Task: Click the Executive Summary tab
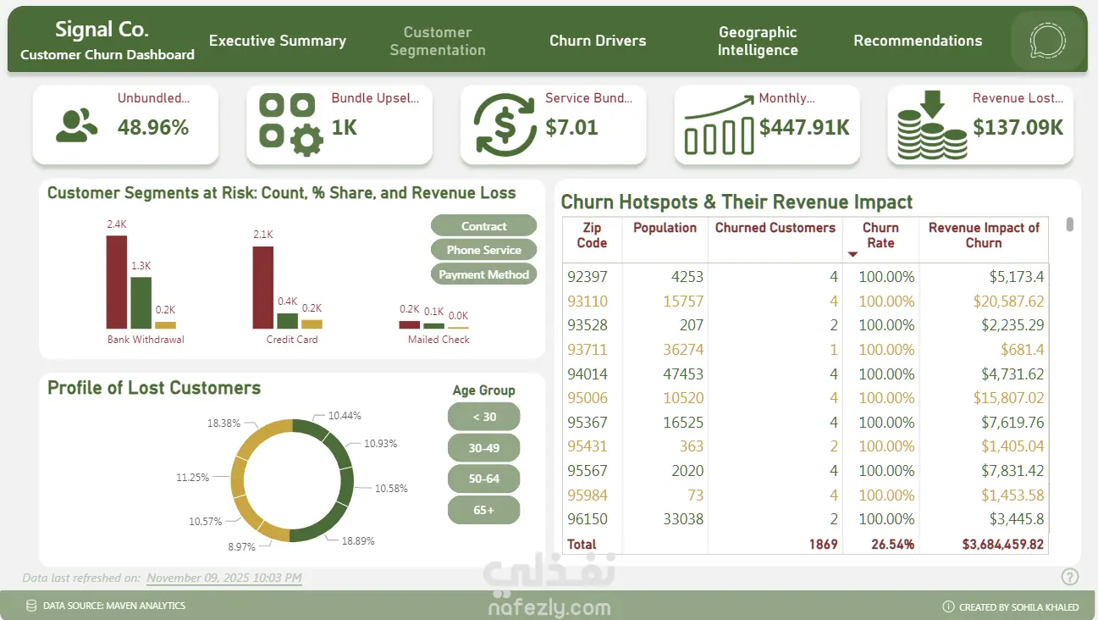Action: point(278,41)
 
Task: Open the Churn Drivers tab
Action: point(598,41)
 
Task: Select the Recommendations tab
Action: point(918,41)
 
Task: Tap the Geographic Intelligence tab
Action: point(758,41)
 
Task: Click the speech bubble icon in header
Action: point(1047,41)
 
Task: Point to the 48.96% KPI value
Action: point(153,128)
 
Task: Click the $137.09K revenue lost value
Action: point(1018,128)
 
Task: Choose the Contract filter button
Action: point(483,226)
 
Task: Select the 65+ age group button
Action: point(483,510)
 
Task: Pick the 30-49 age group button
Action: point(483,448)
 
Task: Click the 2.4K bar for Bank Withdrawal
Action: point(116,282)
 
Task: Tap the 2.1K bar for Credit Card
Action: point(262,287)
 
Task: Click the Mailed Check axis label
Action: point(439,340)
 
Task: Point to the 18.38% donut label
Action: point(223,423)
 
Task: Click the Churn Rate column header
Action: point(880,235)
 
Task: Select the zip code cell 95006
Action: point(587,398)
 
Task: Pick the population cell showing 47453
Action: point(681,374)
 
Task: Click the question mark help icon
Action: point(1070,577)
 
